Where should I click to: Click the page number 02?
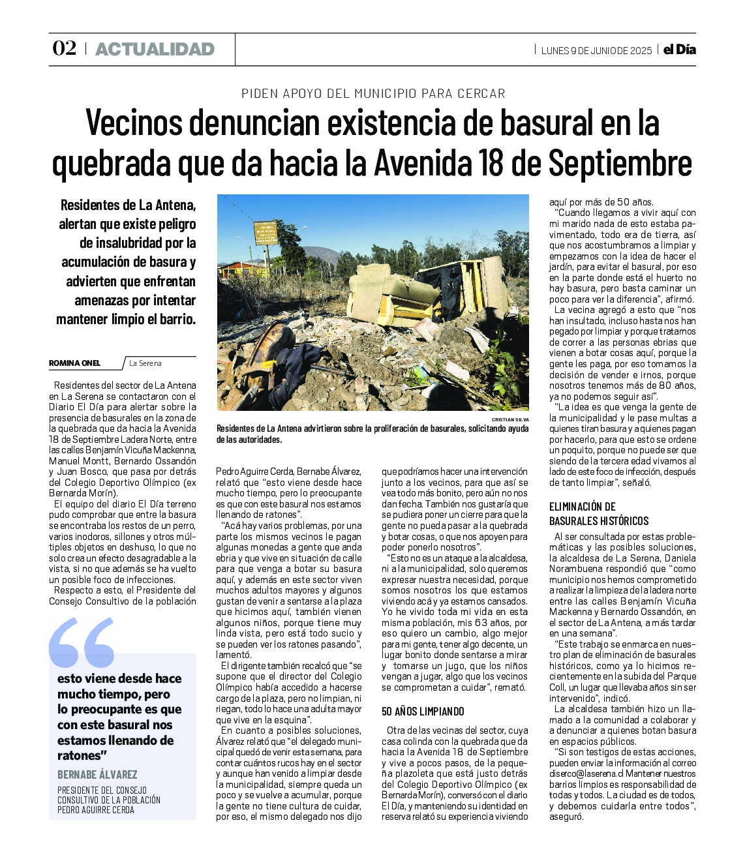coord(64,49)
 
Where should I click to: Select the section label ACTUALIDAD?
coord(155,50)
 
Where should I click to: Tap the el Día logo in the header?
coord(680,50)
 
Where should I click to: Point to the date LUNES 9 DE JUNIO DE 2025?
coord(596,50)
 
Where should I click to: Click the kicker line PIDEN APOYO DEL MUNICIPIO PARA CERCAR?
coord(373,93)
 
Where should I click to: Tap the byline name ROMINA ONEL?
coord(75,363)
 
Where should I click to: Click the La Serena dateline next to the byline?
coord(145,363)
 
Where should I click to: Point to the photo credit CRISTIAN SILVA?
coord(510,419)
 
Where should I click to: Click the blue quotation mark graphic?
coord(82,642)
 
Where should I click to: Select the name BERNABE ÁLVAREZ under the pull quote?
coord(97,775)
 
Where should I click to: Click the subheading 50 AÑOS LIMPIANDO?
coord(423,711)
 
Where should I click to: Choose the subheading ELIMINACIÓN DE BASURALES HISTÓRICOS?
coord(599,513)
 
